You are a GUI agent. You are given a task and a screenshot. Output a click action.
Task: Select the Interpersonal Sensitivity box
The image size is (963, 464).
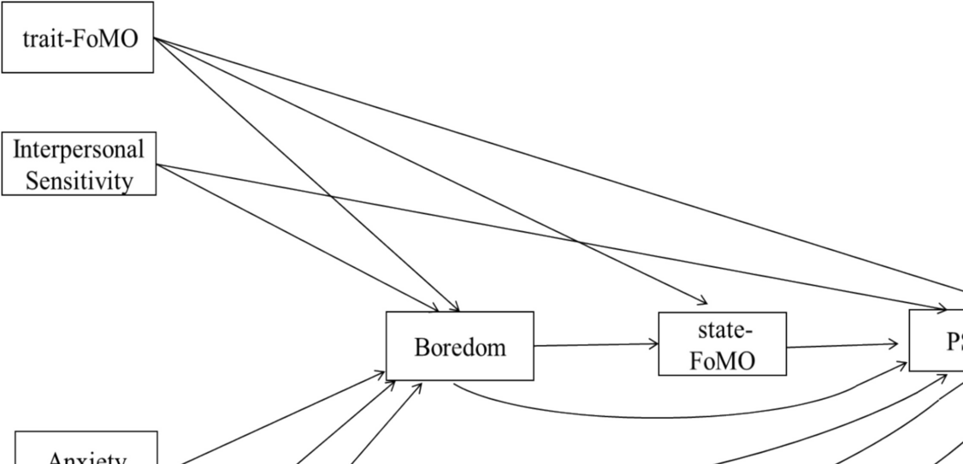tap(79, 164)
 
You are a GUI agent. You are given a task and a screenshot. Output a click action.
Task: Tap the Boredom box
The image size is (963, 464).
tap(459, 346)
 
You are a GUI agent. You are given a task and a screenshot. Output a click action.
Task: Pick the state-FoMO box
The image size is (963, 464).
tap(722, 344)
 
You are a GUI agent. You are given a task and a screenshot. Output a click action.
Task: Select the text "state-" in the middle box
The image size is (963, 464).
tap(723, 330)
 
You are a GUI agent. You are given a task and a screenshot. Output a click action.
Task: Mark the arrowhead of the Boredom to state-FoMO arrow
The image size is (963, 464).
tap(654, 344)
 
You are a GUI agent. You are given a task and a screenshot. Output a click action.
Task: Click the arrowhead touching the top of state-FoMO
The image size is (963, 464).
tap(703, 301)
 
